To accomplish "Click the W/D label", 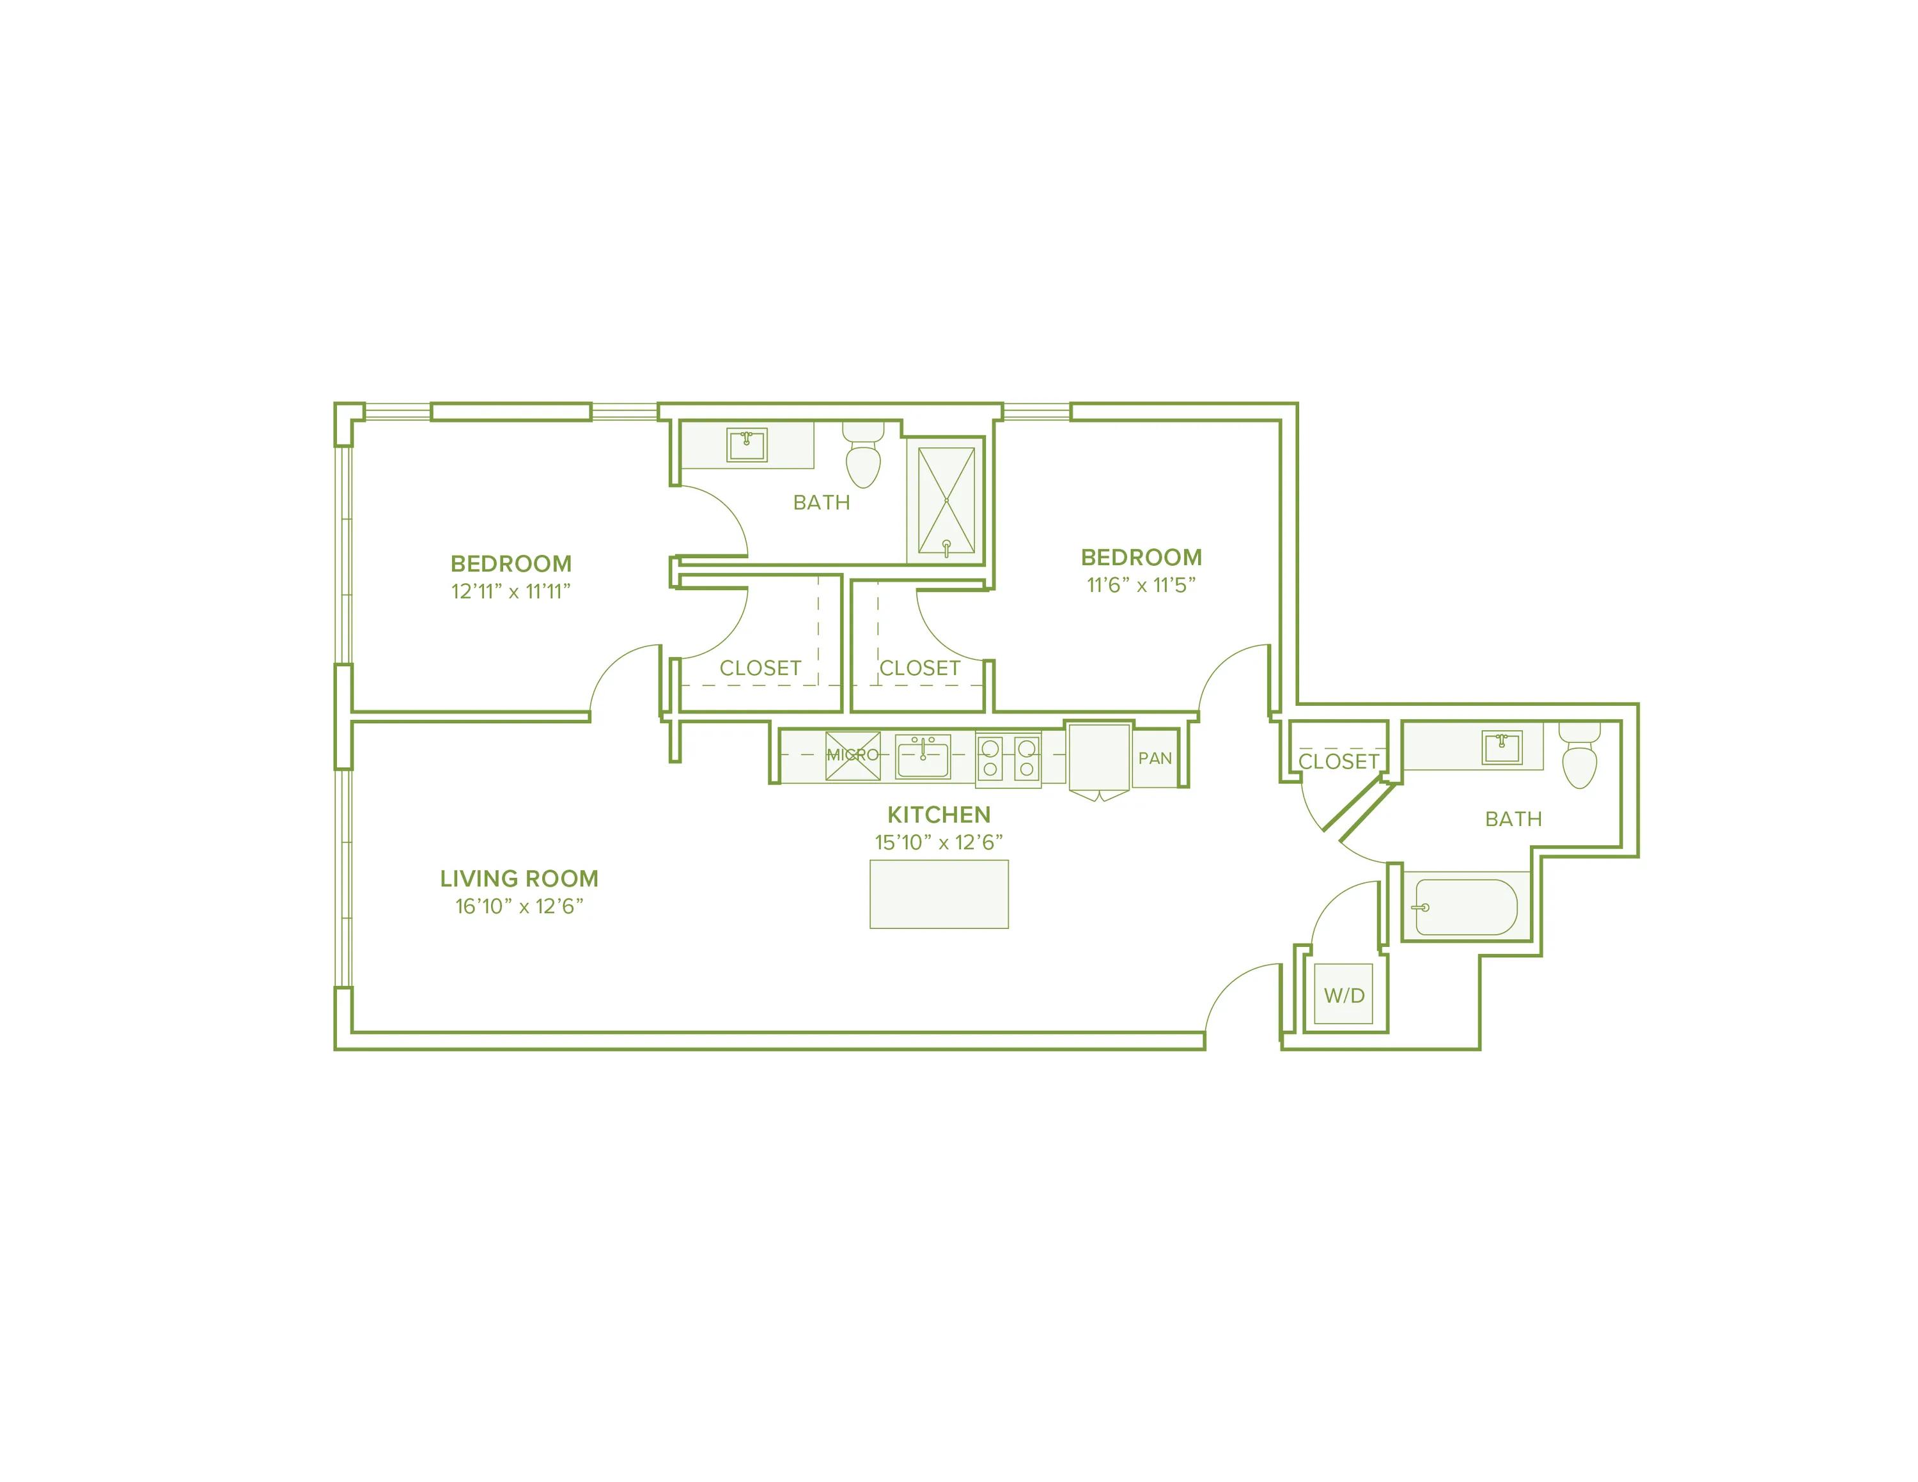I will point(1345,995).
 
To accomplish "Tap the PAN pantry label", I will point(1155,758).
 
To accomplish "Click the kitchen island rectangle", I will point(939,894).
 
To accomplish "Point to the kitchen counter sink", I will point(922,757).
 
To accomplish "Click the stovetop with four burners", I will point(1008,758).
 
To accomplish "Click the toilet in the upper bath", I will point(863,457).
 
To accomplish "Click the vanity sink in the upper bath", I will point(747,445).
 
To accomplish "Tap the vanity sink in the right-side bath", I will point(1502,748).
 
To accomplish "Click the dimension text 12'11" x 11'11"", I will point(510,592).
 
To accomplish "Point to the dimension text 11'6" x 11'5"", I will point(1141,586).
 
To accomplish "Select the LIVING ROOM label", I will point(519,879).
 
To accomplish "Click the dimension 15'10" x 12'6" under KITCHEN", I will point(938,843).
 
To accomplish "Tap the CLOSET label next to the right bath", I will point(1338,761).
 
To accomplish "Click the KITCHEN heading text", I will point(939,815).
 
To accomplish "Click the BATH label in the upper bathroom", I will point(821,502).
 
